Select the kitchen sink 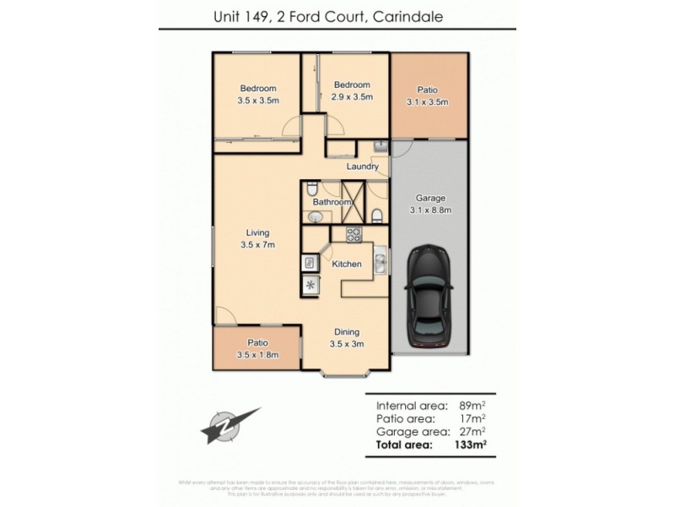(381, 263)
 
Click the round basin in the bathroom (314, 217)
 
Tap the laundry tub (380, 148)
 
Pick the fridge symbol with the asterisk (310, 285)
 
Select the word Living (257, 233)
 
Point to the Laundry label (363, 166)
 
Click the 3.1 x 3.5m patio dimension (427, 102)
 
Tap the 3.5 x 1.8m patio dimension (257, 354)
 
